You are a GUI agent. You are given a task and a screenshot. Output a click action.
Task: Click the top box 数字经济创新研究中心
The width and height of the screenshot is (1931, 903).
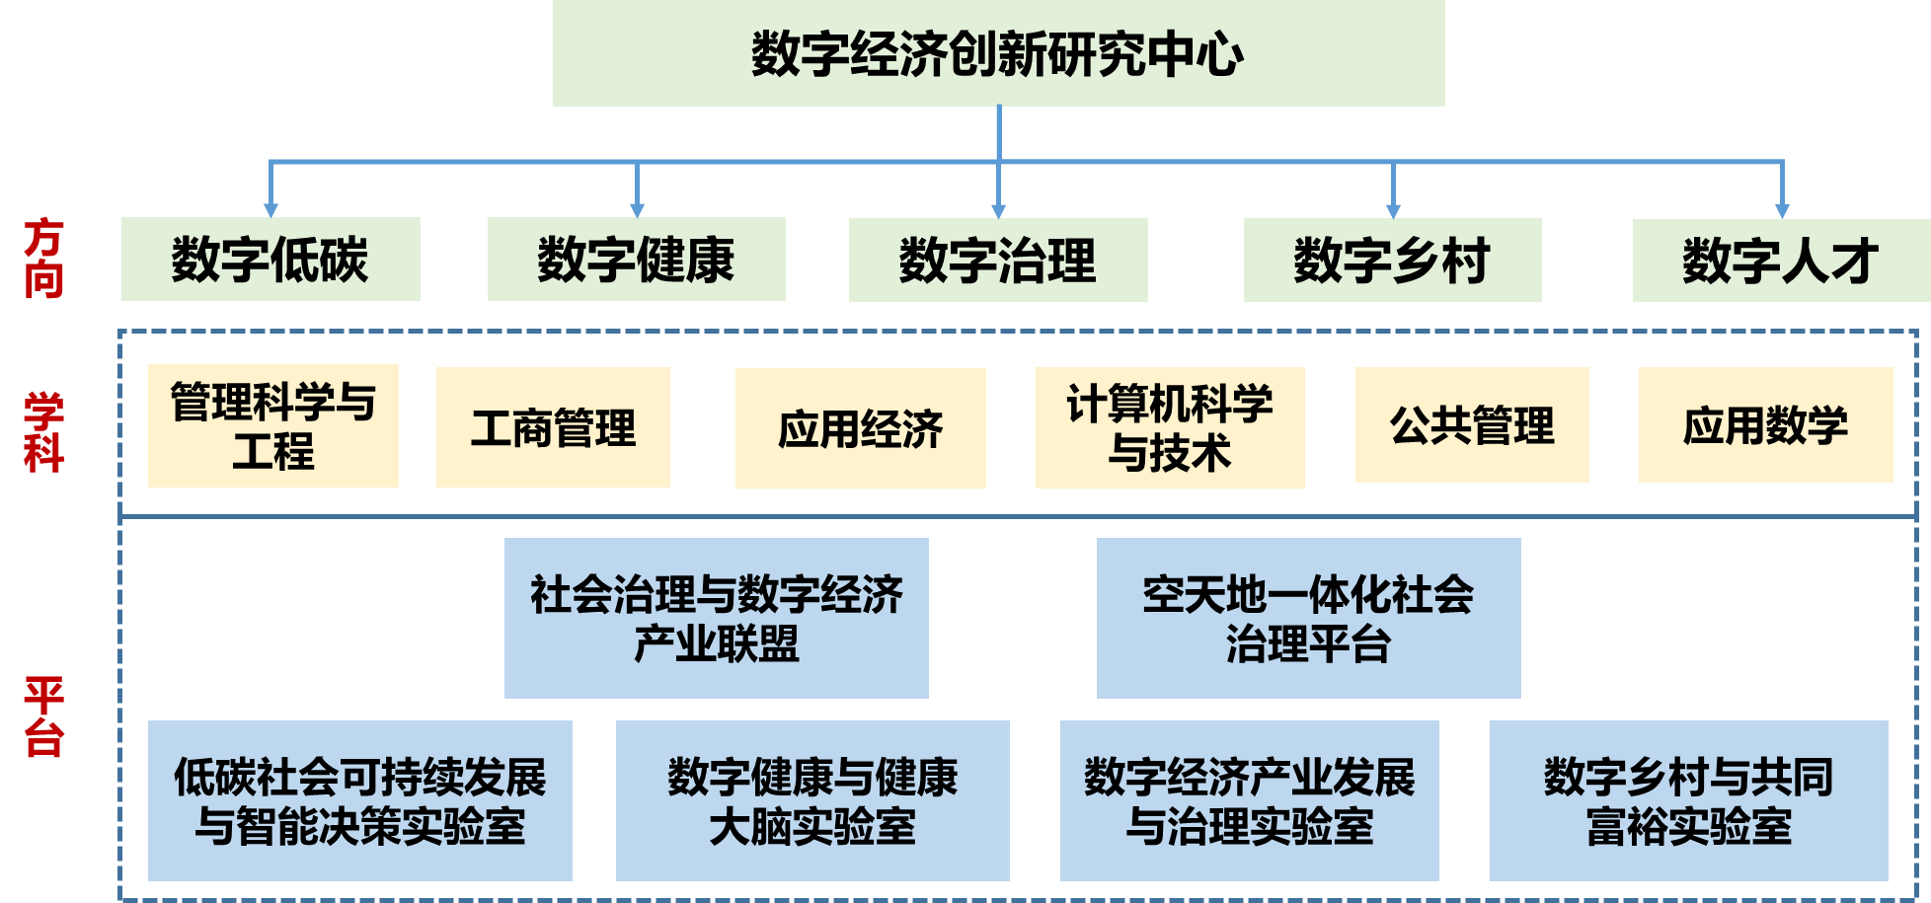[x=998, y=53]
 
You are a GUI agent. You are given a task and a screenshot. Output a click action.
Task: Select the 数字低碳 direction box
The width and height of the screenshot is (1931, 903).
[x=270, y=260]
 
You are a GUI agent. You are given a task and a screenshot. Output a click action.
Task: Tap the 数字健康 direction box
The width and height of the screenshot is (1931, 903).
[x=637, y=260]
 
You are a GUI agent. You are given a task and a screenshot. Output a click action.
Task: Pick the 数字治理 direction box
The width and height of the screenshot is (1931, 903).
[x=998, y=260]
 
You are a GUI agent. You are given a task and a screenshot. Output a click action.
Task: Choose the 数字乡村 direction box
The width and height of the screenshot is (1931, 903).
[x=1393, y=260]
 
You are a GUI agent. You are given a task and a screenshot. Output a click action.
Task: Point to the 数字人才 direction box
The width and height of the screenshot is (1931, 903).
[x=1782, y=260]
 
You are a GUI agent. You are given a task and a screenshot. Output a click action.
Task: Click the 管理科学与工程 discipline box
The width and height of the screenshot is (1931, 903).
[x=273, y=425]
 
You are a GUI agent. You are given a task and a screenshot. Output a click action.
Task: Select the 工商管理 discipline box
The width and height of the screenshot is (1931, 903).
[x=553, y=427]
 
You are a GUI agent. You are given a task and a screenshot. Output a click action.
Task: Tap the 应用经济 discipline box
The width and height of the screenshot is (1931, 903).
[x=861, y=428]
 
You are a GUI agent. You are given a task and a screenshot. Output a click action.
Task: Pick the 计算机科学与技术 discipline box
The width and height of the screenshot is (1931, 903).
[x=1170, y=428]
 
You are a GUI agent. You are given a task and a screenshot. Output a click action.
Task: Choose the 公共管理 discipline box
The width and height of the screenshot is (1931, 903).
[x=1472, y=425]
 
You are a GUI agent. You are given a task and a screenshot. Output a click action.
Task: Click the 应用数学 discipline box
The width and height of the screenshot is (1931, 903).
[x=1766, y=425]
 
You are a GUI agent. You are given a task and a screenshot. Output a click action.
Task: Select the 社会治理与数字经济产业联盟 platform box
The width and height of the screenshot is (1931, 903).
[x=717, y=618]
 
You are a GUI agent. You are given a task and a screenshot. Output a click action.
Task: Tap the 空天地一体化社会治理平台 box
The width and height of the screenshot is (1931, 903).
[x=1309, y=618]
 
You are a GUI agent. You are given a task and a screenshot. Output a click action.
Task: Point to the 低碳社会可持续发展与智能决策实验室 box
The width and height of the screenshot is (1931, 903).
[x=360, y=800]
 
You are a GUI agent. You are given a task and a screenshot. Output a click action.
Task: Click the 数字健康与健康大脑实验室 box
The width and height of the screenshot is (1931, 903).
[x=812, y=800]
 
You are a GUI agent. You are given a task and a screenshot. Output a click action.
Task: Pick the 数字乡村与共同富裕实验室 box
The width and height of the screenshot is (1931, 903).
[x=1689, y=800]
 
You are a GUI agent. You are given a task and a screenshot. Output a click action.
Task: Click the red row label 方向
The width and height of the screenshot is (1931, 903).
[x=43, y=259]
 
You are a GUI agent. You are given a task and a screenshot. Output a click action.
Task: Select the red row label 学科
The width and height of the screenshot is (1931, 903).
[x=43, y=432]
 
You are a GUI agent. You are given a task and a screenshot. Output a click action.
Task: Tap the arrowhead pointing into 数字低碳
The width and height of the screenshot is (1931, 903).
[x=270, y=211]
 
